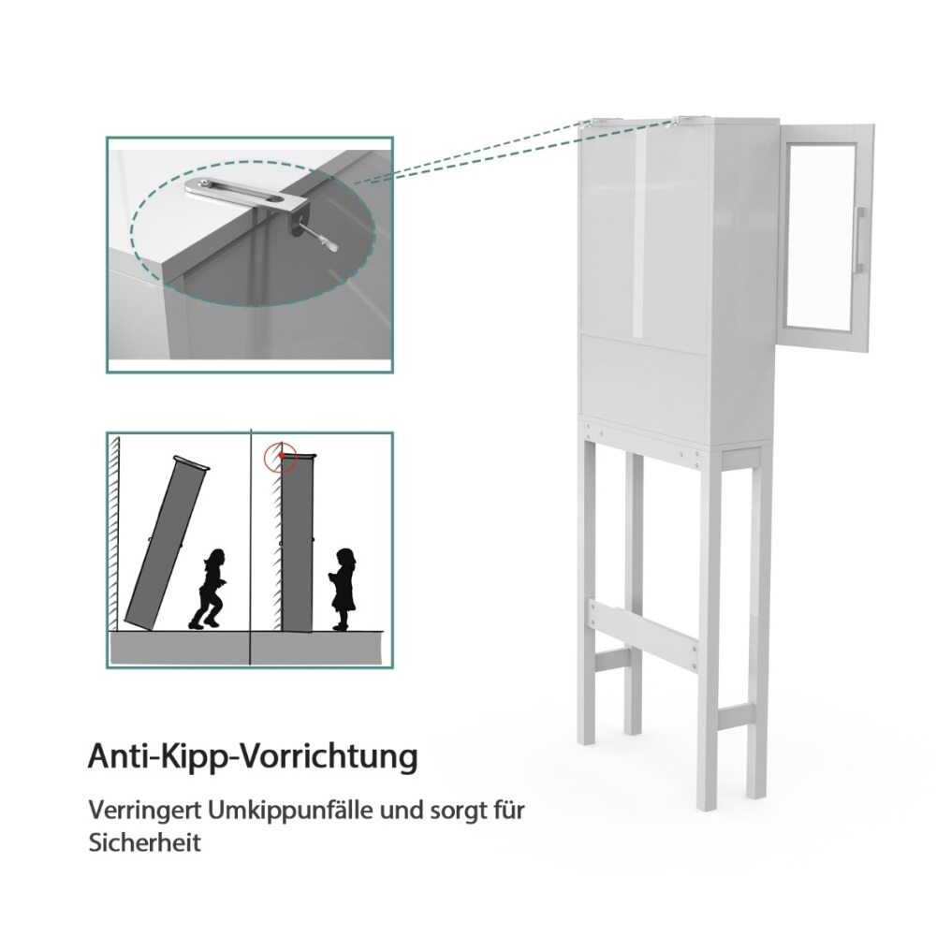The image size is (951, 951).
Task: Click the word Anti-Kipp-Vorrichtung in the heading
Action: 253,757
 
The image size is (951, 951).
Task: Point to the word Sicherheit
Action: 144,843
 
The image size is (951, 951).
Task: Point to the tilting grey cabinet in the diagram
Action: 166,544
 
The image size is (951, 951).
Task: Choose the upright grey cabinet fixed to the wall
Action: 298,544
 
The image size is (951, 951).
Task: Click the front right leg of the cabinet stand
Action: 709,629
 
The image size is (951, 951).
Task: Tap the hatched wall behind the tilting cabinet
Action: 113,534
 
